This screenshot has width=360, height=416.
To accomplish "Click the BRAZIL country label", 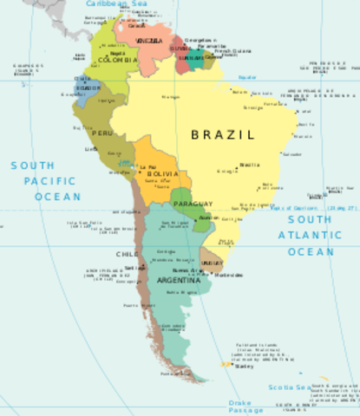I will [x=223, y=135].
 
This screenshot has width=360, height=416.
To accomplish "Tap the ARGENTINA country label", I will [x=176, y=281].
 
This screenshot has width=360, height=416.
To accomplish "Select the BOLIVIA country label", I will [x=163, y=174].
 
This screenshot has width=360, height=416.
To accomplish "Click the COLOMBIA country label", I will [x=117, y=61].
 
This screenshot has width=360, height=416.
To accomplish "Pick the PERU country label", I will [x=102, y=133].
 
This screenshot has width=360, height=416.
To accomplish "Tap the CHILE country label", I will [x=127, y=254].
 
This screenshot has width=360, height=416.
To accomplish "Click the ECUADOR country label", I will [x=88, y=88].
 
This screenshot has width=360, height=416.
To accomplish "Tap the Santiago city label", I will [x=134, y=269].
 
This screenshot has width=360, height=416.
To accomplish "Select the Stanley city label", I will [x=243, y=367].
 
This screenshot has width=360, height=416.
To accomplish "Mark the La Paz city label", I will [x=148, y=166].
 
